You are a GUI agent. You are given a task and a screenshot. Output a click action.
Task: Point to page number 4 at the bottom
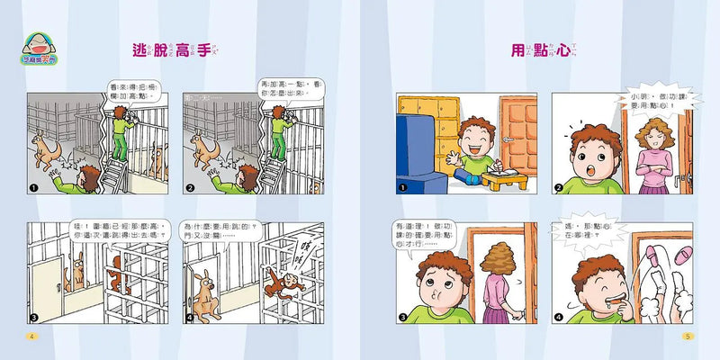click(31, 337)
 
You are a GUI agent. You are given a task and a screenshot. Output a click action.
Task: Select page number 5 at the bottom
click(688, 337)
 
